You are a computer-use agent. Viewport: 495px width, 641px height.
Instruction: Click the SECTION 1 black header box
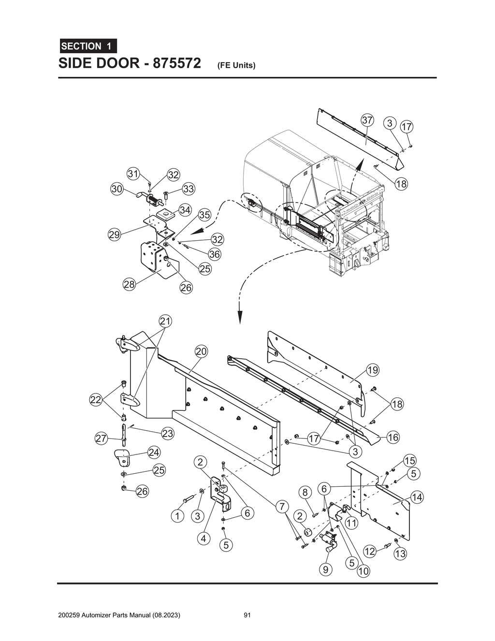(87, 46)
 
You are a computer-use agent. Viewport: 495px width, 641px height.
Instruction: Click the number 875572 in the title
(176, 64)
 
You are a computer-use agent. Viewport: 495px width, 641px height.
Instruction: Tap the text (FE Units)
(236, 65)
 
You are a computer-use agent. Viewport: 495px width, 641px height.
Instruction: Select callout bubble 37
(367, 120)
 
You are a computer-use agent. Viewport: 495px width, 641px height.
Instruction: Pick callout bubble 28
(129, 284)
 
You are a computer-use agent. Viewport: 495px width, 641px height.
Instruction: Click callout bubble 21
(166, 321)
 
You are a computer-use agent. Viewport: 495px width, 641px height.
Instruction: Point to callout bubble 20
(201, 351)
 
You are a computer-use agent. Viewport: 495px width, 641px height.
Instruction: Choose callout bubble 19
(372, 371)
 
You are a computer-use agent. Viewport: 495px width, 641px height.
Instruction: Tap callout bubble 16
(393, 437)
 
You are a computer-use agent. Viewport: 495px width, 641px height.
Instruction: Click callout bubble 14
(417, 497)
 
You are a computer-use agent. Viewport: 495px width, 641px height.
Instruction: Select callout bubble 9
(325, 569)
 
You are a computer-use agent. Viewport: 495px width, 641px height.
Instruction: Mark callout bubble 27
(101, 439)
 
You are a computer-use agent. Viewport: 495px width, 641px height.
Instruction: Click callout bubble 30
(116, 189)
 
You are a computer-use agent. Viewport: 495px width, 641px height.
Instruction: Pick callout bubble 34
(185, 210)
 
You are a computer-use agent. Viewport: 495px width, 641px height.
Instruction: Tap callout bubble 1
(177, 516)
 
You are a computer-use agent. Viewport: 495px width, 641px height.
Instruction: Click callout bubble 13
(400, 554)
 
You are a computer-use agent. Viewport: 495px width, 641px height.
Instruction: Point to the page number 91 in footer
(247, 615)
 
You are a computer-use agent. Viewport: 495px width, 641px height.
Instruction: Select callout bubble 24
(154, 452)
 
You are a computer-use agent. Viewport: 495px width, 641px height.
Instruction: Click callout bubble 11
(351, 523)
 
